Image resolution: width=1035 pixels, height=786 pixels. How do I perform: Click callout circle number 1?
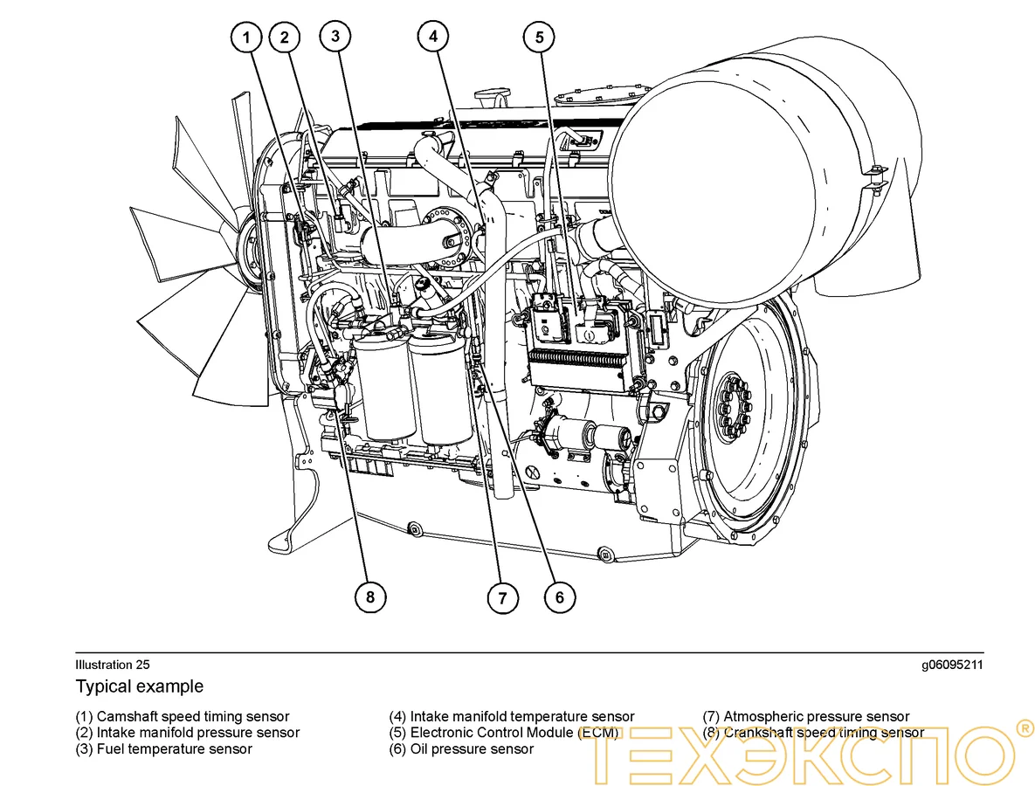pyautogui.click(x=247, y=38)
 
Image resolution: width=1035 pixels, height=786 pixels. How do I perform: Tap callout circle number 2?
pyautogui.click(x=284, y=38)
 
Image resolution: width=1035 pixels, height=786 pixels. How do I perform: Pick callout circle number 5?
pyautogui.click(x=539, y=37)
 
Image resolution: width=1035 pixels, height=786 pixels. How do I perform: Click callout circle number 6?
pyautogui.click(x=560, y=597)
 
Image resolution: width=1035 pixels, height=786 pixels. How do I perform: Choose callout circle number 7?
pyautogui.click(x=502, y=598)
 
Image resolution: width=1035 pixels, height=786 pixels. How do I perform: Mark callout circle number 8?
pyautogui.click(x=370, y=597)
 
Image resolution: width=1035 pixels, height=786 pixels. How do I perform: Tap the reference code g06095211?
pyautogui.click(x=952, y=665)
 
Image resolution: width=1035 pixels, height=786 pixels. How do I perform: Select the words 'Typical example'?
pyautogui.click(x=139, y=686)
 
